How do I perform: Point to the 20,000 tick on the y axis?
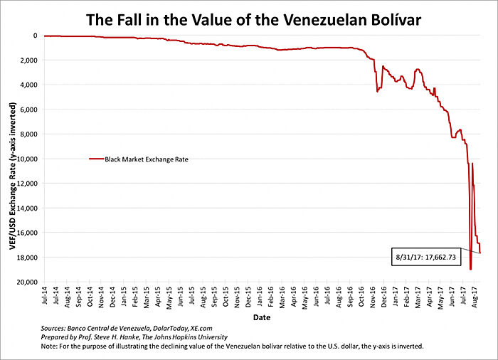click(28, 282)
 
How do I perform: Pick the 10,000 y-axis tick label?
click(28, 159)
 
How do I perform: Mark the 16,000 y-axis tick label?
click(28, 233)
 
